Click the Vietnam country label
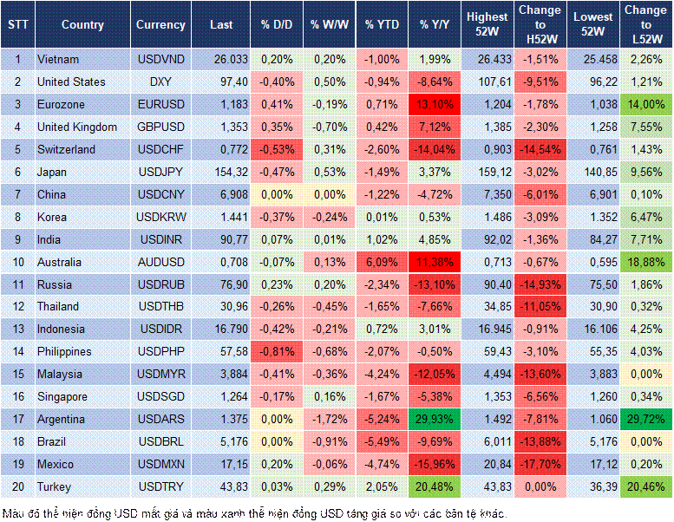(59, 59)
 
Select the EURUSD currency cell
(160, 104)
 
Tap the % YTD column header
(382, 24)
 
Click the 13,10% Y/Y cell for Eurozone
(435, 104)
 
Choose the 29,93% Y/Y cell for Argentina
(435, 420)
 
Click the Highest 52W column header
(487, 24)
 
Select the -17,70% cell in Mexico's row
(540, 465)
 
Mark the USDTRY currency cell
(160, 487)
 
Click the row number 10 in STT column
(16, 262)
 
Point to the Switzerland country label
(68, 149)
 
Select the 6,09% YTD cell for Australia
(382, 262)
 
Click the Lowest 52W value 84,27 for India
(594, 239)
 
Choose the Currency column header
(160, 24)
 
